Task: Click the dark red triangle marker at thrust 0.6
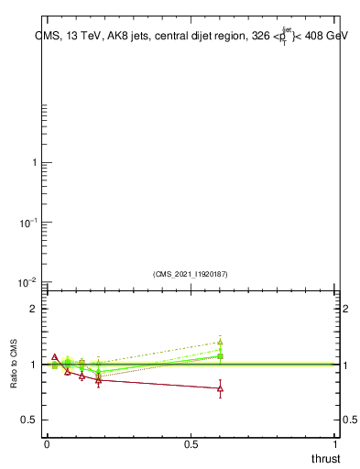pyautogui.click(x=220, y=388)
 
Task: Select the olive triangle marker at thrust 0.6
pyautogui.click(x=220, y=343)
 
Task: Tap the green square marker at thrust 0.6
pyautogui.click(x=220, y=356)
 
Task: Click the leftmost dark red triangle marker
pyautogui.click(x=55, y=357)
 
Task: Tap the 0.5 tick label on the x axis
pyautogui.click(x=191, y=443)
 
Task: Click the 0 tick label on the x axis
pyautogui.click(x=47, y=443)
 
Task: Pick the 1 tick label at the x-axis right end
pyautogui.click(x=335, y=443)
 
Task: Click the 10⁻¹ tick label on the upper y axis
pyautogui.click(x=29, y=223)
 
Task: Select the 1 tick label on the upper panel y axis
pyautogui.click(x=34, y=163)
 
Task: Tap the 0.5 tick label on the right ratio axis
pyautogui.click(x=349, y=420)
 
